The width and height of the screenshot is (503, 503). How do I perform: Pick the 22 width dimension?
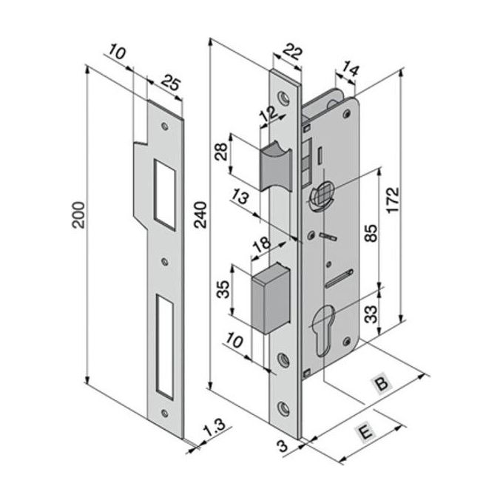pyautogui.click(x=294, y=53)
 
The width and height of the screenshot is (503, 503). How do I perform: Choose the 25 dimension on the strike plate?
pyautogui.click(x=169, y=84)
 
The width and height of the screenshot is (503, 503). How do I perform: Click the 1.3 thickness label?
pyautogui.click(x=212, y=430)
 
